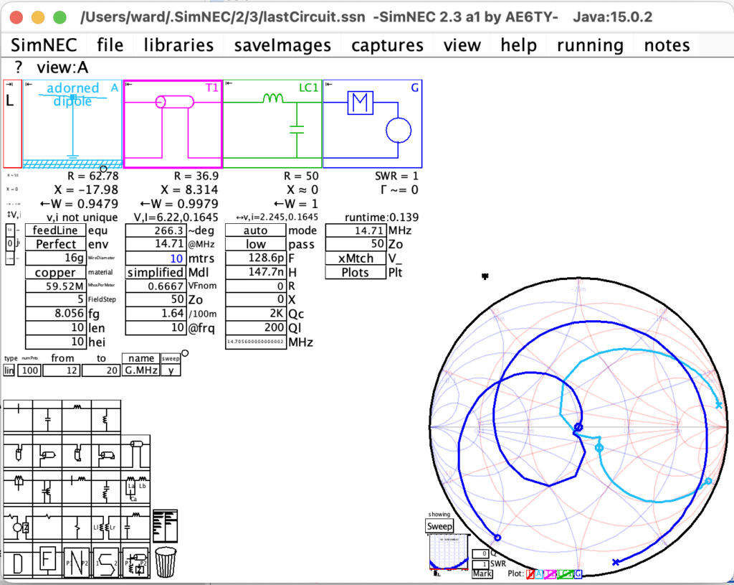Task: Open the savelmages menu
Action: click(x=282, y=45)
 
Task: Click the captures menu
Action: click(x=387, y=45)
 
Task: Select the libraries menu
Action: click(x=178, y=45)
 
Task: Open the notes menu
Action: click(x=667, y=45)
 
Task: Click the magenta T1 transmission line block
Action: click(x=173, y=124)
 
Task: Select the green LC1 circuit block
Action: click(x=272, y=124)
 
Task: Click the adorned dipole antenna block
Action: click(x=72, y=124)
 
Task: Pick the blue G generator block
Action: click(x=372, y=124)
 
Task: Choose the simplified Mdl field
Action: click(x=156, y=273)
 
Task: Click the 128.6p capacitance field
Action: click(x=255, y=258)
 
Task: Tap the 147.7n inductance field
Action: click(x=255, y=273)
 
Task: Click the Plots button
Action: click(x=356, y=273)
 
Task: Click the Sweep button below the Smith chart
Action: click(x=439, y=526)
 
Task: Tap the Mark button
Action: click(x=482, y=574)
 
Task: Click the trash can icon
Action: click(x=166, y=562)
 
